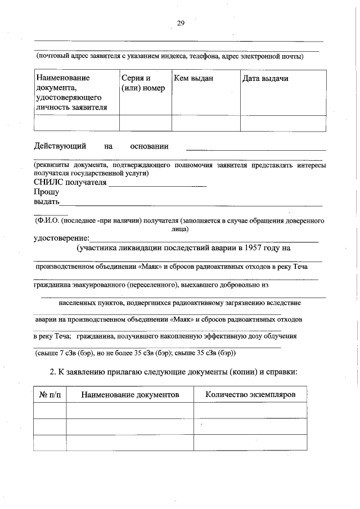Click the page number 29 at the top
(x=181, y=23)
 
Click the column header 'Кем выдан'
(x=193, y=79)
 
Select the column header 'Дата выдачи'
(x=265, y=79)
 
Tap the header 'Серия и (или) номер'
(x=143, y=83)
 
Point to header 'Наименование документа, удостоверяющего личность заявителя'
(x=71, y=92)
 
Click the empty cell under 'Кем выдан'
(x=205, y=123)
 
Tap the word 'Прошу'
(x=46, y=192)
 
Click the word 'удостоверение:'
(x=61, y=238)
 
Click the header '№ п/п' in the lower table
(x=50, y=395)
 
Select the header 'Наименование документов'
(x=130, y=395)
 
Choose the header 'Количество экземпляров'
(x=250, y=395)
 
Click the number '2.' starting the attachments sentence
(x=53, y=372)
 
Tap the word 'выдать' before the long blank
(x=46, y=202)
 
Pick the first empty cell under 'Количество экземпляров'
(x=250, y=411)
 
